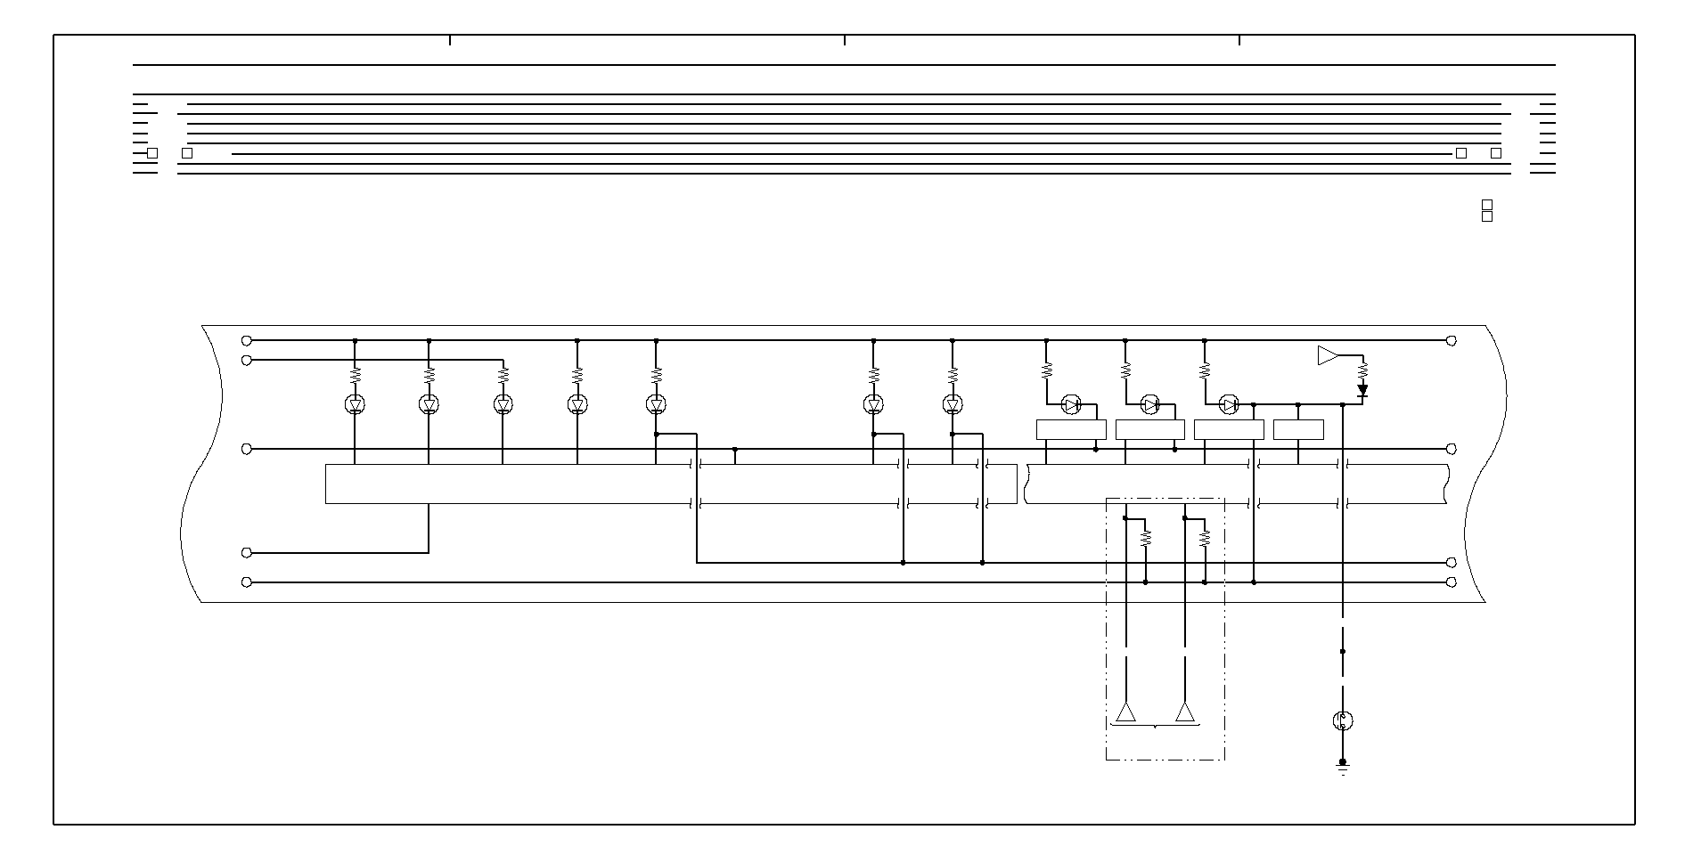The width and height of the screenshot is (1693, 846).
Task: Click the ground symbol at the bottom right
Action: (x=1343, y=767)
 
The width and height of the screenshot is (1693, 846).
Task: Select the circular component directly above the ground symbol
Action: (x=1343, y=720)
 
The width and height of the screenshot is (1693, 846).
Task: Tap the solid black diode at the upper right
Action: (x=1362, y=390)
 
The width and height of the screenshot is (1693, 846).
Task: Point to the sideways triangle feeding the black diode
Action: (x=1328, y=355)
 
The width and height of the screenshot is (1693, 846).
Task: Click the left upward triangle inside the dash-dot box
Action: (x=1126, y=712)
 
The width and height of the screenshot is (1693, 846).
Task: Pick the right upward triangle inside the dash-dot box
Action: (x=1185, y=712)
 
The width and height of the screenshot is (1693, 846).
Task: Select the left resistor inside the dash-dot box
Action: (x=1146, y=539)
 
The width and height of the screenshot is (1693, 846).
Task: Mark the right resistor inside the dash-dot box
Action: (x=1205, y=539)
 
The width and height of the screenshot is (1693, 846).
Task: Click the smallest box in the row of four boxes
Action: (x=1298, y=430)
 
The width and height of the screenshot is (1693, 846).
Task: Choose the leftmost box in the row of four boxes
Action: (x=1071, y=430)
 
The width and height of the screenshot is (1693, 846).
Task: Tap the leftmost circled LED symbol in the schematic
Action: (x=355, y=405)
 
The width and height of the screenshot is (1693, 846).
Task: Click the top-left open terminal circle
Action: (x=247, y=340)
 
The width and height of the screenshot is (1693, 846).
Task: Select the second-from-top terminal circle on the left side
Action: (x=247, y=360)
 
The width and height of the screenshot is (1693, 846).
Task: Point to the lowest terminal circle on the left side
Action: (x=247, y=582)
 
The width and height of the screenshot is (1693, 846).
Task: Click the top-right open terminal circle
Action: (x=1451, y=340)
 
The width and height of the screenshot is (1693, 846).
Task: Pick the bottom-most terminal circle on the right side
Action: (x=1451, y=582)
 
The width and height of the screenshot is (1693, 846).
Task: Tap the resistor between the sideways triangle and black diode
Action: (x=1362, y=368)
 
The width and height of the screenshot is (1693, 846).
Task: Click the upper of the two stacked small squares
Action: (x=1486, y=205)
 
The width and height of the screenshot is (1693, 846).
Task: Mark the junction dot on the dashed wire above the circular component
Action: (x=1343, y=651)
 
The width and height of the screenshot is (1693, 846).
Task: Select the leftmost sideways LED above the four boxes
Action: (x=1071, y=405)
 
